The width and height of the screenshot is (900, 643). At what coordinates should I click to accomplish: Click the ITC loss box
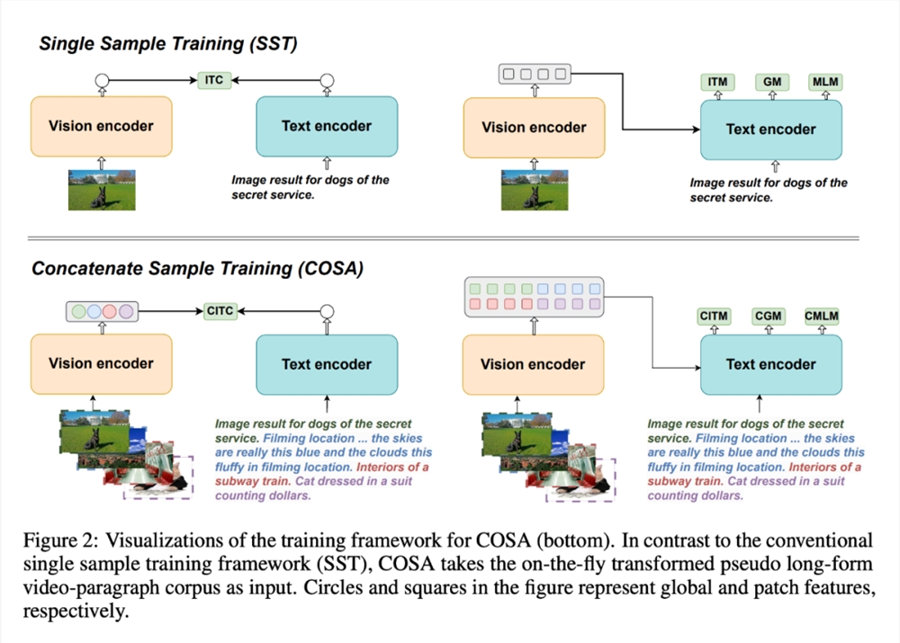[x=214, y=80]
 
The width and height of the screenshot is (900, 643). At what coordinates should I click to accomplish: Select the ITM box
[x=717, y=82]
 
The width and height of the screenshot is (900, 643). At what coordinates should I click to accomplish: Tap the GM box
[x=772, y=82]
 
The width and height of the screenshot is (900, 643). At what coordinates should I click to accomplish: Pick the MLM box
[x=825, y=82]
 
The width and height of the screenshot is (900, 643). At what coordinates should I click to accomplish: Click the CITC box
[x=220, y=311]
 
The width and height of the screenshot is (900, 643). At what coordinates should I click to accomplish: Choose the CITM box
[x=714, y=316]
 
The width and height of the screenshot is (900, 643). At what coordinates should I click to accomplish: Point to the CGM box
[x=768, y=316]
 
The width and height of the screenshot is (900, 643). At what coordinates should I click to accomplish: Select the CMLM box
[x=822, y=316]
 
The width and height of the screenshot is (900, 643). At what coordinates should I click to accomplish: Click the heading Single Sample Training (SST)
[x=168, y=44]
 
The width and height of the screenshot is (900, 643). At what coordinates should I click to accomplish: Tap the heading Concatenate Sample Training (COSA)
[x=197, y=269]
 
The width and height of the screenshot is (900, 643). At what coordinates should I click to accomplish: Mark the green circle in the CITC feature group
[x=78, y=311]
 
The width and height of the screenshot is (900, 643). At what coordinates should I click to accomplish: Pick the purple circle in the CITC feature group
[x=126, y=311]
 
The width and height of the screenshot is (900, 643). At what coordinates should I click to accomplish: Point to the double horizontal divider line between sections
[x=443, y=238]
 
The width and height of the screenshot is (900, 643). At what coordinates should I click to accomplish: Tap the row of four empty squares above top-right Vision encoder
[x=535, y=74]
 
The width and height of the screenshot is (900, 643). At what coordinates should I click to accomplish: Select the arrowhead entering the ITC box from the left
[x=193, y=80]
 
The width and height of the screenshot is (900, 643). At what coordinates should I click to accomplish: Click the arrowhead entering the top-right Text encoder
[x=697, y=129]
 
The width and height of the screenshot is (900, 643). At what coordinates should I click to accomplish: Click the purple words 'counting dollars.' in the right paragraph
[x=695, y=496]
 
